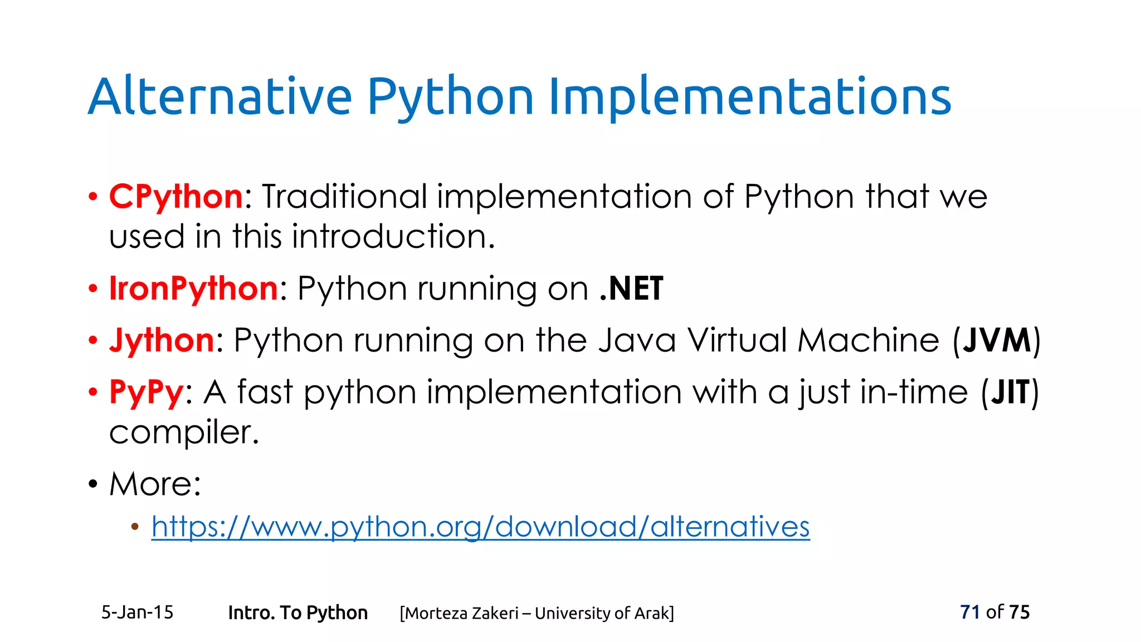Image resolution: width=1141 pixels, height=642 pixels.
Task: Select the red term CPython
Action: click(x=176, y=197)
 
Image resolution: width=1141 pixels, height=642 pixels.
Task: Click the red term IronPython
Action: click(x=193, y=289)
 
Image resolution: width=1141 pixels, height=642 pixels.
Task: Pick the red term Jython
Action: click(x=162, y=341)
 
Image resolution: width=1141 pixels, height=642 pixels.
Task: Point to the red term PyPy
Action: click(x=147, y=392)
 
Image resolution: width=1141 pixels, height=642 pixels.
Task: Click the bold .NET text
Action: click(x=631, y=289)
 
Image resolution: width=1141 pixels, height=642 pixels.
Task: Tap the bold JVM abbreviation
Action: click(x=997, y=341)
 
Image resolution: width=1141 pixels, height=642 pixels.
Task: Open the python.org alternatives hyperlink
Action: click(x=480, y=527)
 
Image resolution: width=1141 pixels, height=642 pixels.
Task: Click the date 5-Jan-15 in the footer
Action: click(x=137, y=612)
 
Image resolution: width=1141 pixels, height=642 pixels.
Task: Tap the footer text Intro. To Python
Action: click(x=298, y=613)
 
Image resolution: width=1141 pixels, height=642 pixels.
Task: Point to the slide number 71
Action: click(x=969, y=612)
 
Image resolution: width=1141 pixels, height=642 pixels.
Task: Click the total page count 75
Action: click(x=1019, y=612)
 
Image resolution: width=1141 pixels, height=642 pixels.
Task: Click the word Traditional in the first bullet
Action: click(x=344, y=197)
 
